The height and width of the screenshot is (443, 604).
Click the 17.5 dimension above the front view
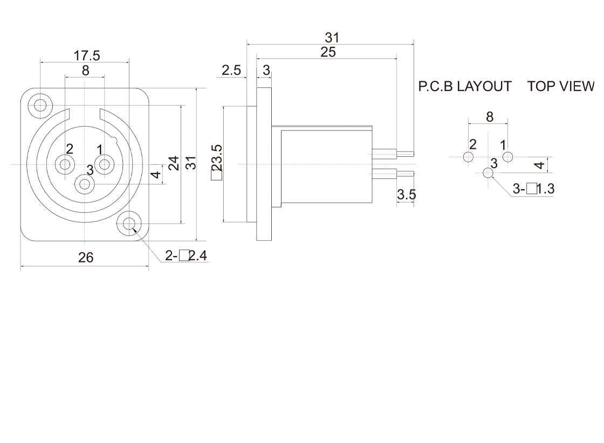[x=87, y=56]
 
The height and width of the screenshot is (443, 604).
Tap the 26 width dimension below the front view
[x=86, y=258]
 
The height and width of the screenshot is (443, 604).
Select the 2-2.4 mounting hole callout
[x=186, y=255]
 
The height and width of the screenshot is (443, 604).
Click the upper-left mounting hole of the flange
[x=40, y=104]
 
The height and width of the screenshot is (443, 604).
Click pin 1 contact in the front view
[x=104, y=164]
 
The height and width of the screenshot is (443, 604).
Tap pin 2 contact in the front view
[x=66, y=164]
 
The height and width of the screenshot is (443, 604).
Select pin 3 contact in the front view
[x=85, y=184]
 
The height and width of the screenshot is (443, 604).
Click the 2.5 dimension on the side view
[x=231, y=71]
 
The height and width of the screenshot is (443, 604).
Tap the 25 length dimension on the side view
[x=328, y=52]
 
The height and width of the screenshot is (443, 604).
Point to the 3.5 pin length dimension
[x=406, y=195]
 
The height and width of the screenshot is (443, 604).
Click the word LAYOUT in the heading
[x=484, y=86]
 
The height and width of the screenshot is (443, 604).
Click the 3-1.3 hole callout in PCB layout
[x=533, y=189]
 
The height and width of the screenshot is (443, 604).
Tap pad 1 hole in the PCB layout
[x=507, y=157]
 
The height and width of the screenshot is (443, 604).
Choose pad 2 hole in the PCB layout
[x=468, y=157]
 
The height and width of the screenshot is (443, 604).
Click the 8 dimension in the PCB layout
[x=490, y=116]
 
